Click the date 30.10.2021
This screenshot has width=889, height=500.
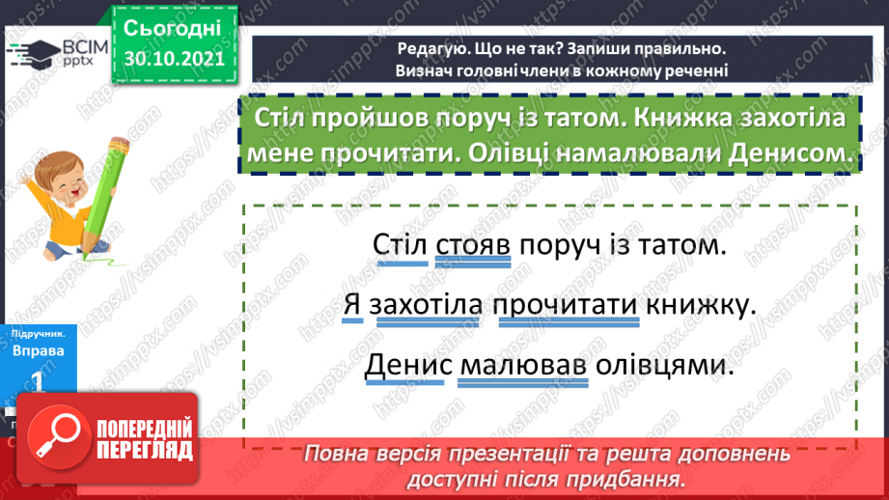(x=174, y=58)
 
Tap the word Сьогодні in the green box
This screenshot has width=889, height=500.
(x=174, y=26)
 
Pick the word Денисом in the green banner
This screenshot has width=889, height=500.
(x=788, y=153)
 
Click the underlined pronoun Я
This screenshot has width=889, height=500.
(x=351, y=306)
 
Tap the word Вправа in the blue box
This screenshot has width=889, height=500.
(x=40, y=350)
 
